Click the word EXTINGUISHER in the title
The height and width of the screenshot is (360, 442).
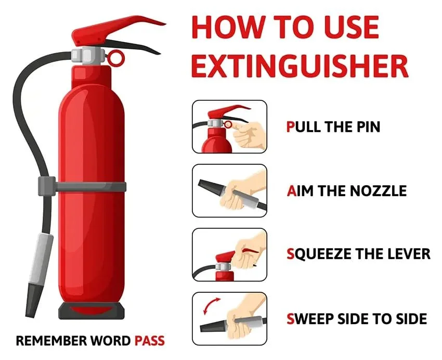[x=300, y=66]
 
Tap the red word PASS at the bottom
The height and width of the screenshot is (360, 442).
[x=149, y=341]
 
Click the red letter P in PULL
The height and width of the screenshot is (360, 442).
[x=290, y=126]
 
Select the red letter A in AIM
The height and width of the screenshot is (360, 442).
[x=292, y=190]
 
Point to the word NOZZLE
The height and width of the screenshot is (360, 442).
[x=378, y=190]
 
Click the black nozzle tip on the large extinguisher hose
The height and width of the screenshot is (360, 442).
[x=33, y=300]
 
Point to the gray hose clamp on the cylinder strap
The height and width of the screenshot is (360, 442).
[x=47, y=186]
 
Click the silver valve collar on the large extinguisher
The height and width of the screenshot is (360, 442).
[x=88, y=56]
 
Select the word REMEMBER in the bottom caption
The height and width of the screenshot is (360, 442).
[x=51, y=341]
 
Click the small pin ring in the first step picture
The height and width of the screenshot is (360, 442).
[x=228, y=124]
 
